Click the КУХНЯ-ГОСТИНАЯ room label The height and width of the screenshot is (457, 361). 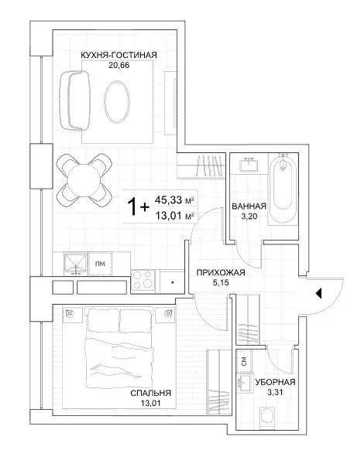[x=119, y=55]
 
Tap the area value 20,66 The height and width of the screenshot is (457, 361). [x=119, y=65]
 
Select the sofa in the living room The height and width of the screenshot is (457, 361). [x=74, y=100]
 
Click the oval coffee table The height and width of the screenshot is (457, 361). [x=117, y=101]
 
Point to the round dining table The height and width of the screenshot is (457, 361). [x=84, y=180]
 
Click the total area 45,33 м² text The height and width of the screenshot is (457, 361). [x=174, y=200]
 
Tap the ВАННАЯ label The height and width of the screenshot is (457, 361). [x=249, y=206]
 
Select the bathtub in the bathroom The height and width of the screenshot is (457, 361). [x=283, y=188]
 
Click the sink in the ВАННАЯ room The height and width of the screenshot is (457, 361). [x=249, y=165]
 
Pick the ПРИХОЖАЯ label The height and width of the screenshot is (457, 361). [x=221, y=273]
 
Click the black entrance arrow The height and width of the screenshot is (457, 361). [x=318, y=293]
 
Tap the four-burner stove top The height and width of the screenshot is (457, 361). [x=143, y=281]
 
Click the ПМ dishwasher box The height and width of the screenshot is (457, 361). [x=101, y=264]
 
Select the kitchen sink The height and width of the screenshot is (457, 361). [x=76, y=264]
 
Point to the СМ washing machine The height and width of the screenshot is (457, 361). [x=244, y=361]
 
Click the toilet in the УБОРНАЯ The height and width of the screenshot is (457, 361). [x=267, y=415]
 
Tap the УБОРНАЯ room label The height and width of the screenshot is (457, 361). [x=276, y=382]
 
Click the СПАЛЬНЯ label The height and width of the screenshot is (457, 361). [x=150, y=393]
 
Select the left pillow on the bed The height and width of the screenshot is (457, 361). [x=104, y=317]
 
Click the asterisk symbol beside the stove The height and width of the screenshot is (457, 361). [x=173, y=282]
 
